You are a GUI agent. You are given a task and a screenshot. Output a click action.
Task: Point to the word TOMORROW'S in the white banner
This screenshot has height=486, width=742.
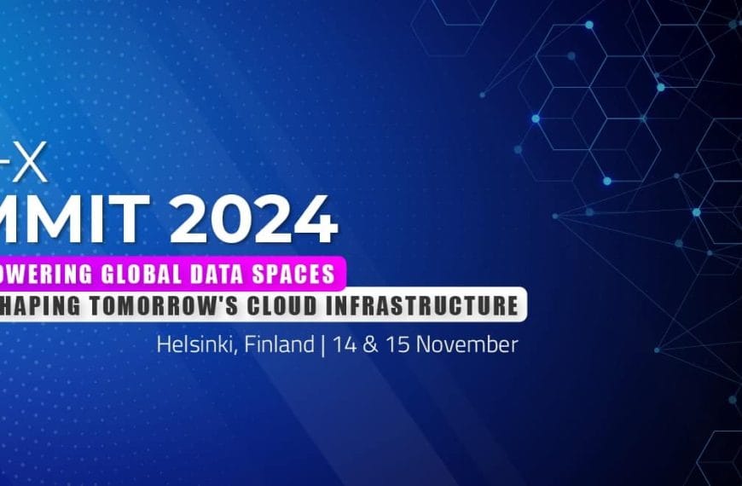point(146,305)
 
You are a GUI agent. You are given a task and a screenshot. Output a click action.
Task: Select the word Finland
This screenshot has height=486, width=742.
point(273,345)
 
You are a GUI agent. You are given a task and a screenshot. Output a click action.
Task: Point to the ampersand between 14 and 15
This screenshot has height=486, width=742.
point(370,345)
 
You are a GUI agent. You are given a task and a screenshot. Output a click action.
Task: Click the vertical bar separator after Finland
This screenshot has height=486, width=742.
point(322,345)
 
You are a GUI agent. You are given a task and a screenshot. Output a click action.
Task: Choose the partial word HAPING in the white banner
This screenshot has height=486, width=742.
point(32,305)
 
